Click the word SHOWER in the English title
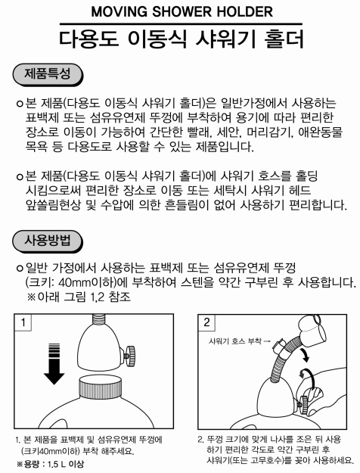(182, 12)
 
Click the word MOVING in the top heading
(119, 12)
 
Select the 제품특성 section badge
(48, 74)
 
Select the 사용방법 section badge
(48, 241)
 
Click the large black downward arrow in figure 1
(54, 364)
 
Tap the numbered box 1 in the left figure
(23, 322)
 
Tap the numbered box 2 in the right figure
(206, 322)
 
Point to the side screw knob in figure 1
(129, 356)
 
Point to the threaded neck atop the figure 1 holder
(98, 319)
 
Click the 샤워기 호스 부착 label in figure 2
(235, 341)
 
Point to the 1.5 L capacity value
(57, 464)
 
